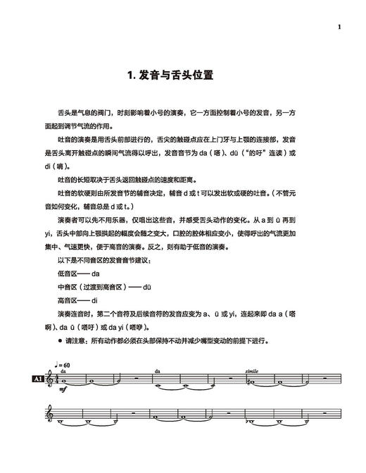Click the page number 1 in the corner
tap(339, 27)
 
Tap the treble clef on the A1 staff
tap(50, 381)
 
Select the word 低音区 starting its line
tap(67, 272)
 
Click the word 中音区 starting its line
tap(67, 285)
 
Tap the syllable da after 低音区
tap(96, 272)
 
